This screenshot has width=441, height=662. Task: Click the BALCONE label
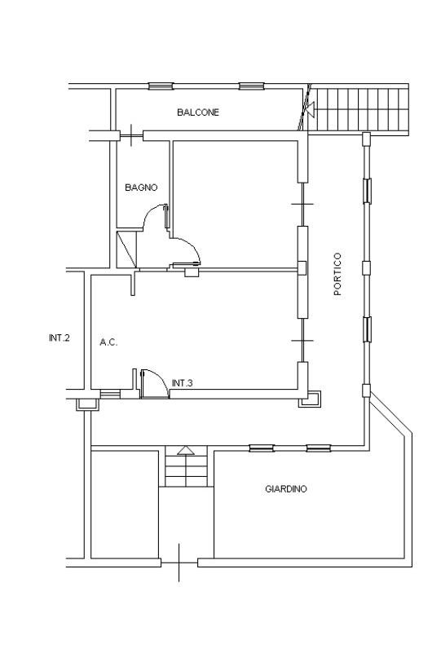(x=198, y=113)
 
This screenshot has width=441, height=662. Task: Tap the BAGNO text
(x=141, y=188)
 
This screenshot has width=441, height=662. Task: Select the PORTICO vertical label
(x=337, y=274)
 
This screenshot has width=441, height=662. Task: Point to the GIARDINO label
(x=286, y=489)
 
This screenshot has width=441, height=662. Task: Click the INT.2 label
(x=59, y=338)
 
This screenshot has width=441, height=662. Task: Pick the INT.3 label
(x=183, y=383)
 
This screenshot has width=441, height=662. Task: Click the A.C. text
(x=108, y=342)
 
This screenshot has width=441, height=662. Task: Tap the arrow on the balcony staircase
(x=311, y=110)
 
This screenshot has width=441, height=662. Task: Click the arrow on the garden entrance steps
(x=186, y=450)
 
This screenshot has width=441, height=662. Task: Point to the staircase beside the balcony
(x=359, y=110)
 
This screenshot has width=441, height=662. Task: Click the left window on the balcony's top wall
(x=161, y=86)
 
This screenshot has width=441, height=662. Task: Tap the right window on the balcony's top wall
(x=252, y=86)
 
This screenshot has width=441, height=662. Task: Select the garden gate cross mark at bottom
(x=179, y=563)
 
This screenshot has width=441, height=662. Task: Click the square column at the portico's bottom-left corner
(x=310, y=399)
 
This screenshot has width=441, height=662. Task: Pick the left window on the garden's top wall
(x=262, y=448)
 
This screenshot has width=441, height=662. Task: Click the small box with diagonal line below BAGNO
(x=126, y=249)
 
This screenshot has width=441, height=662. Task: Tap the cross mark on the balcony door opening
(x=132, y=135)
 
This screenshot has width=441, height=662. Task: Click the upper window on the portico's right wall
(x=368, y=191)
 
